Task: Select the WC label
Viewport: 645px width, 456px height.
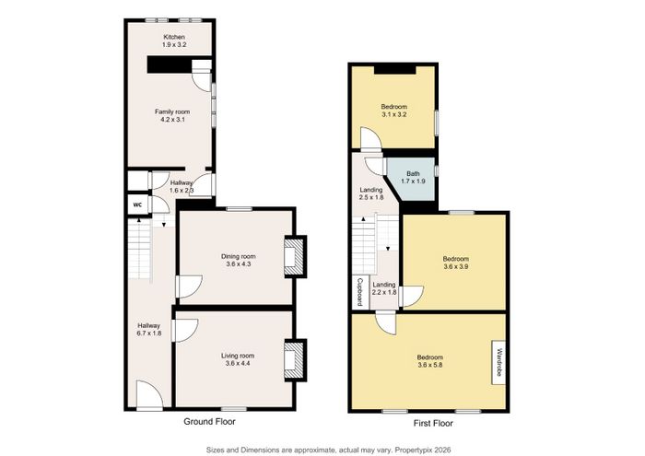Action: pyautogui.click(x=137, y=205)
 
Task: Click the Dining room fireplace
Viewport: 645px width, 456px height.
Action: pyautogui.click(x=295, y=256)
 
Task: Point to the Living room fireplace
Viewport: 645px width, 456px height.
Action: pyautogui.click(x=295, y=359)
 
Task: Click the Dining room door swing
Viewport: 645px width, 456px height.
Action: pyautogui.click(x=189, y=286)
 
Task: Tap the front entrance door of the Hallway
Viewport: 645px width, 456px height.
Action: pyautogui.click(x=149, y=395)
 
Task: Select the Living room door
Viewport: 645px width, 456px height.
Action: pyautogui.click(x=185, y=330)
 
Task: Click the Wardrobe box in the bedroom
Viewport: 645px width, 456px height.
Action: pyautogui.click(x=499, y=362)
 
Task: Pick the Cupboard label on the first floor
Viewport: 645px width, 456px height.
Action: pyautogui.click(x=359, y=292)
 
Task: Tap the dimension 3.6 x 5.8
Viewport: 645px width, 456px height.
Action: pyautogui.click(x=430, y=365)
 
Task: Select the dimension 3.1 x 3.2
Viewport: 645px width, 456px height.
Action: pyautogui.click(x=393, y=114)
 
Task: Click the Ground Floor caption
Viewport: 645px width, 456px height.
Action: pyautogui.click(x=209, y=422)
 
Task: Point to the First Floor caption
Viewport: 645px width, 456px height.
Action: pyautogui.click(x=433, y=423)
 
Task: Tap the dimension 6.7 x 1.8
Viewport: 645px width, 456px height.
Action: pyautogui.click(x=149, y=333)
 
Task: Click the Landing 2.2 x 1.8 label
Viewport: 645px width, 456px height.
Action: pyautogui.click(x=384, y=288)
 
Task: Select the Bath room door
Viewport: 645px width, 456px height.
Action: pyautogui.click(x=376, y=167)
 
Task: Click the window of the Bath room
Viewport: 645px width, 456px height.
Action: pyautogui.click(x=436, y=170)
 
